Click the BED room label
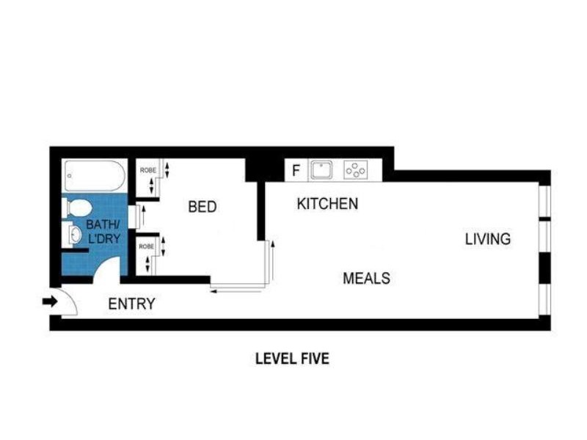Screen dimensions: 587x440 point(203,207)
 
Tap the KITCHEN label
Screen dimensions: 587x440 point(327,204)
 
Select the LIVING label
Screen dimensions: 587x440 point(488,239)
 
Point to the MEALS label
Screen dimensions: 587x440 point(366,278)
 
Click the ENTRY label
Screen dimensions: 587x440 point(131,304)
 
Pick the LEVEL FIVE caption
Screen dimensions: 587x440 point(292,359)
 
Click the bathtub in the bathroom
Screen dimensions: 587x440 point(95,175)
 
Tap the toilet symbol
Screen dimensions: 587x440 point(78,208)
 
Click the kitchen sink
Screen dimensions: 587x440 point(321,170)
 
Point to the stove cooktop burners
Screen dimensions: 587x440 point(355,170)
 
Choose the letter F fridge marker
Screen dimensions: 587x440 point(296,171)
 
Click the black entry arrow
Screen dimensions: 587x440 point(50,301)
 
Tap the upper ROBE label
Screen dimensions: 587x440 point(148,170)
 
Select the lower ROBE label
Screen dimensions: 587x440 point(146,246)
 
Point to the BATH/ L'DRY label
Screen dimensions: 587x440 point(103,232)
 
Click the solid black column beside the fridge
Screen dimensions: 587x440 point(264,170)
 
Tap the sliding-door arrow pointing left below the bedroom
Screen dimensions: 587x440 point(236,291)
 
